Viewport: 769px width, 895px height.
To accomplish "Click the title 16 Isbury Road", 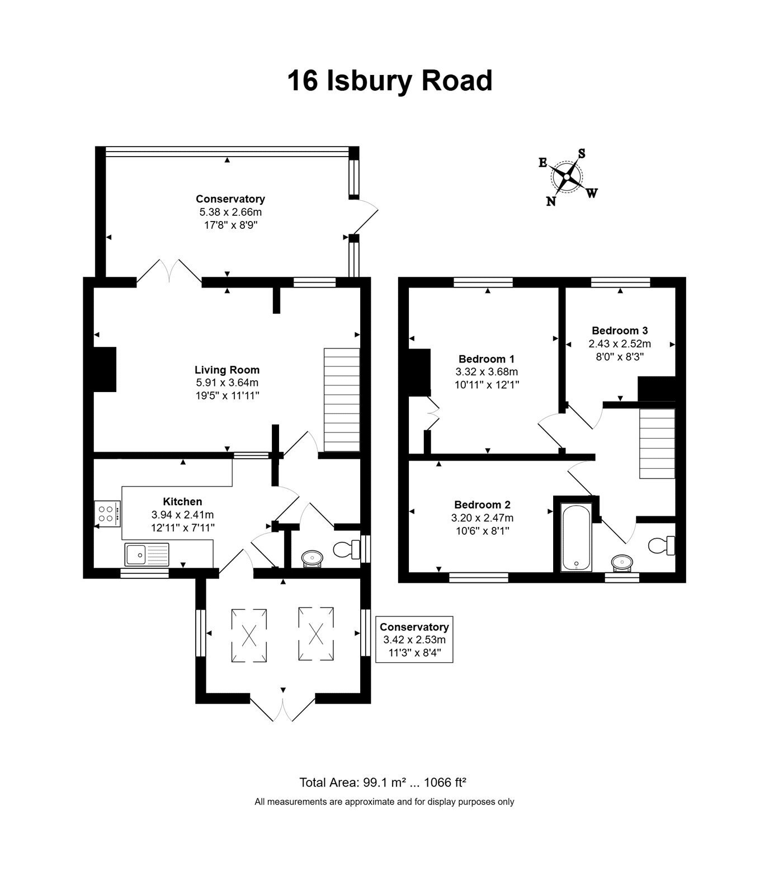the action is (390, 81).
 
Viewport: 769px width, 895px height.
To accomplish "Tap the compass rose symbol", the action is (567, 177).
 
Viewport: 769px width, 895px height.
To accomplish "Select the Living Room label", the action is (227, 370).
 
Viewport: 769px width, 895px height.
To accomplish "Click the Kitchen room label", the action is (182, 502).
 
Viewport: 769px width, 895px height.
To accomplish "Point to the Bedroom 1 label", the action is (487, 359).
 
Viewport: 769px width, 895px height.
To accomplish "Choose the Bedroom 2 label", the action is (482, 505).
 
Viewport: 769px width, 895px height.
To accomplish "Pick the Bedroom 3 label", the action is (620, 331).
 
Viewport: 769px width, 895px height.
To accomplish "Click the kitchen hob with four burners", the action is (107, 514).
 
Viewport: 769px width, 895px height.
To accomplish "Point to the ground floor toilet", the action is (347, 549).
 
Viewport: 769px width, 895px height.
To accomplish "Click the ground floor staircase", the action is (342, 399).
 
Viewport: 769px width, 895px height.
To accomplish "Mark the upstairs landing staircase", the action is (657, 444).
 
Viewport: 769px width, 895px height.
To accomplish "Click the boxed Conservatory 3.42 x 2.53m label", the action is (414, 639).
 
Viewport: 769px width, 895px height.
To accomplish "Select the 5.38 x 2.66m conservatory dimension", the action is (230, 212).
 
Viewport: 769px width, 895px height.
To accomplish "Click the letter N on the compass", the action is (551, 201).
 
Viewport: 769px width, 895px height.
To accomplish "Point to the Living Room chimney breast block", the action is (105, 369).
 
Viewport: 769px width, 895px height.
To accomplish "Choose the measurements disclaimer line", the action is (384, 802).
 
